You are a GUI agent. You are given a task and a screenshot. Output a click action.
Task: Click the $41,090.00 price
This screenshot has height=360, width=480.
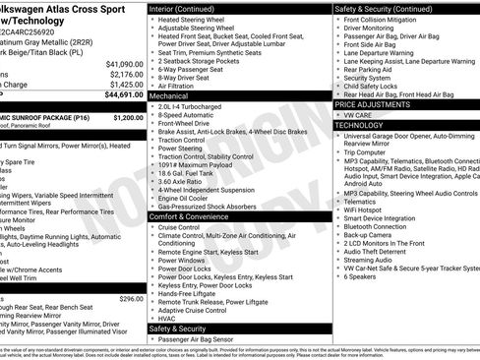click(x=117, y=63)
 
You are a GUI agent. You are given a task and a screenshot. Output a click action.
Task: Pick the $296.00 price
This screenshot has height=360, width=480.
click(x=131, y=298)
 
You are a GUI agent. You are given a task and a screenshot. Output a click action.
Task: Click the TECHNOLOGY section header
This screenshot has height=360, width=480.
click(x=358, y=125)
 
